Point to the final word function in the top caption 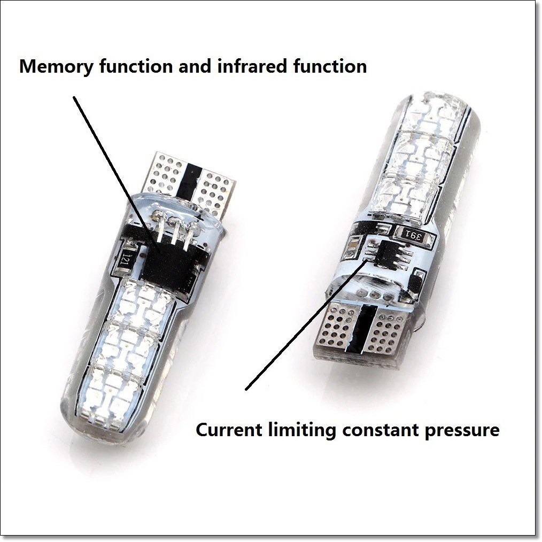pos(330,66)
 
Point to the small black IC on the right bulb pos(387,254)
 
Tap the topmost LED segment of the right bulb pos(436,112)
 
